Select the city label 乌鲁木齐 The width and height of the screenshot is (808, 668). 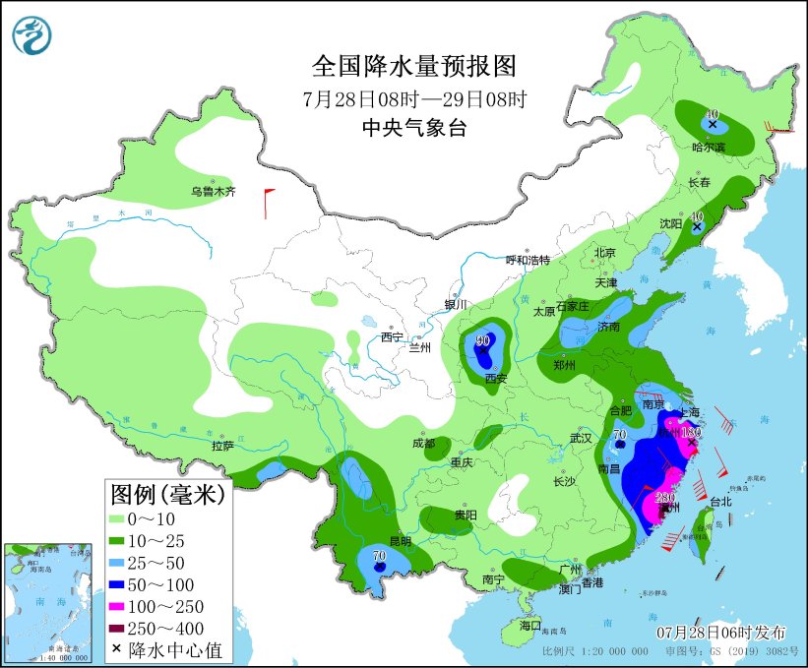pyautogui.click(x=214, y=192)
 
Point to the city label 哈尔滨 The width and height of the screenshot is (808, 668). pyautogui.click(x=708, y=148)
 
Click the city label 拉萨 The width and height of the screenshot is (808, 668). pyautogui.click(x=222, y=446)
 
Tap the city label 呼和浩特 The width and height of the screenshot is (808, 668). pyautogui.click(x=528, y=260)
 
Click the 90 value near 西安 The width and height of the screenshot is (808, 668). pyautogui.click(x=482, y=341)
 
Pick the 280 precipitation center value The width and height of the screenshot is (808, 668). pyautogui.click(x=665, y=497)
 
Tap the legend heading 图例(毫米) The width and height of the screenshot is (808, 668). pyautogui.click(x=166, y=494)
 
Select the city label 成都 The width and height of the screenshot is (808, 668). pyautogui.click(x=423, y=444)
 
